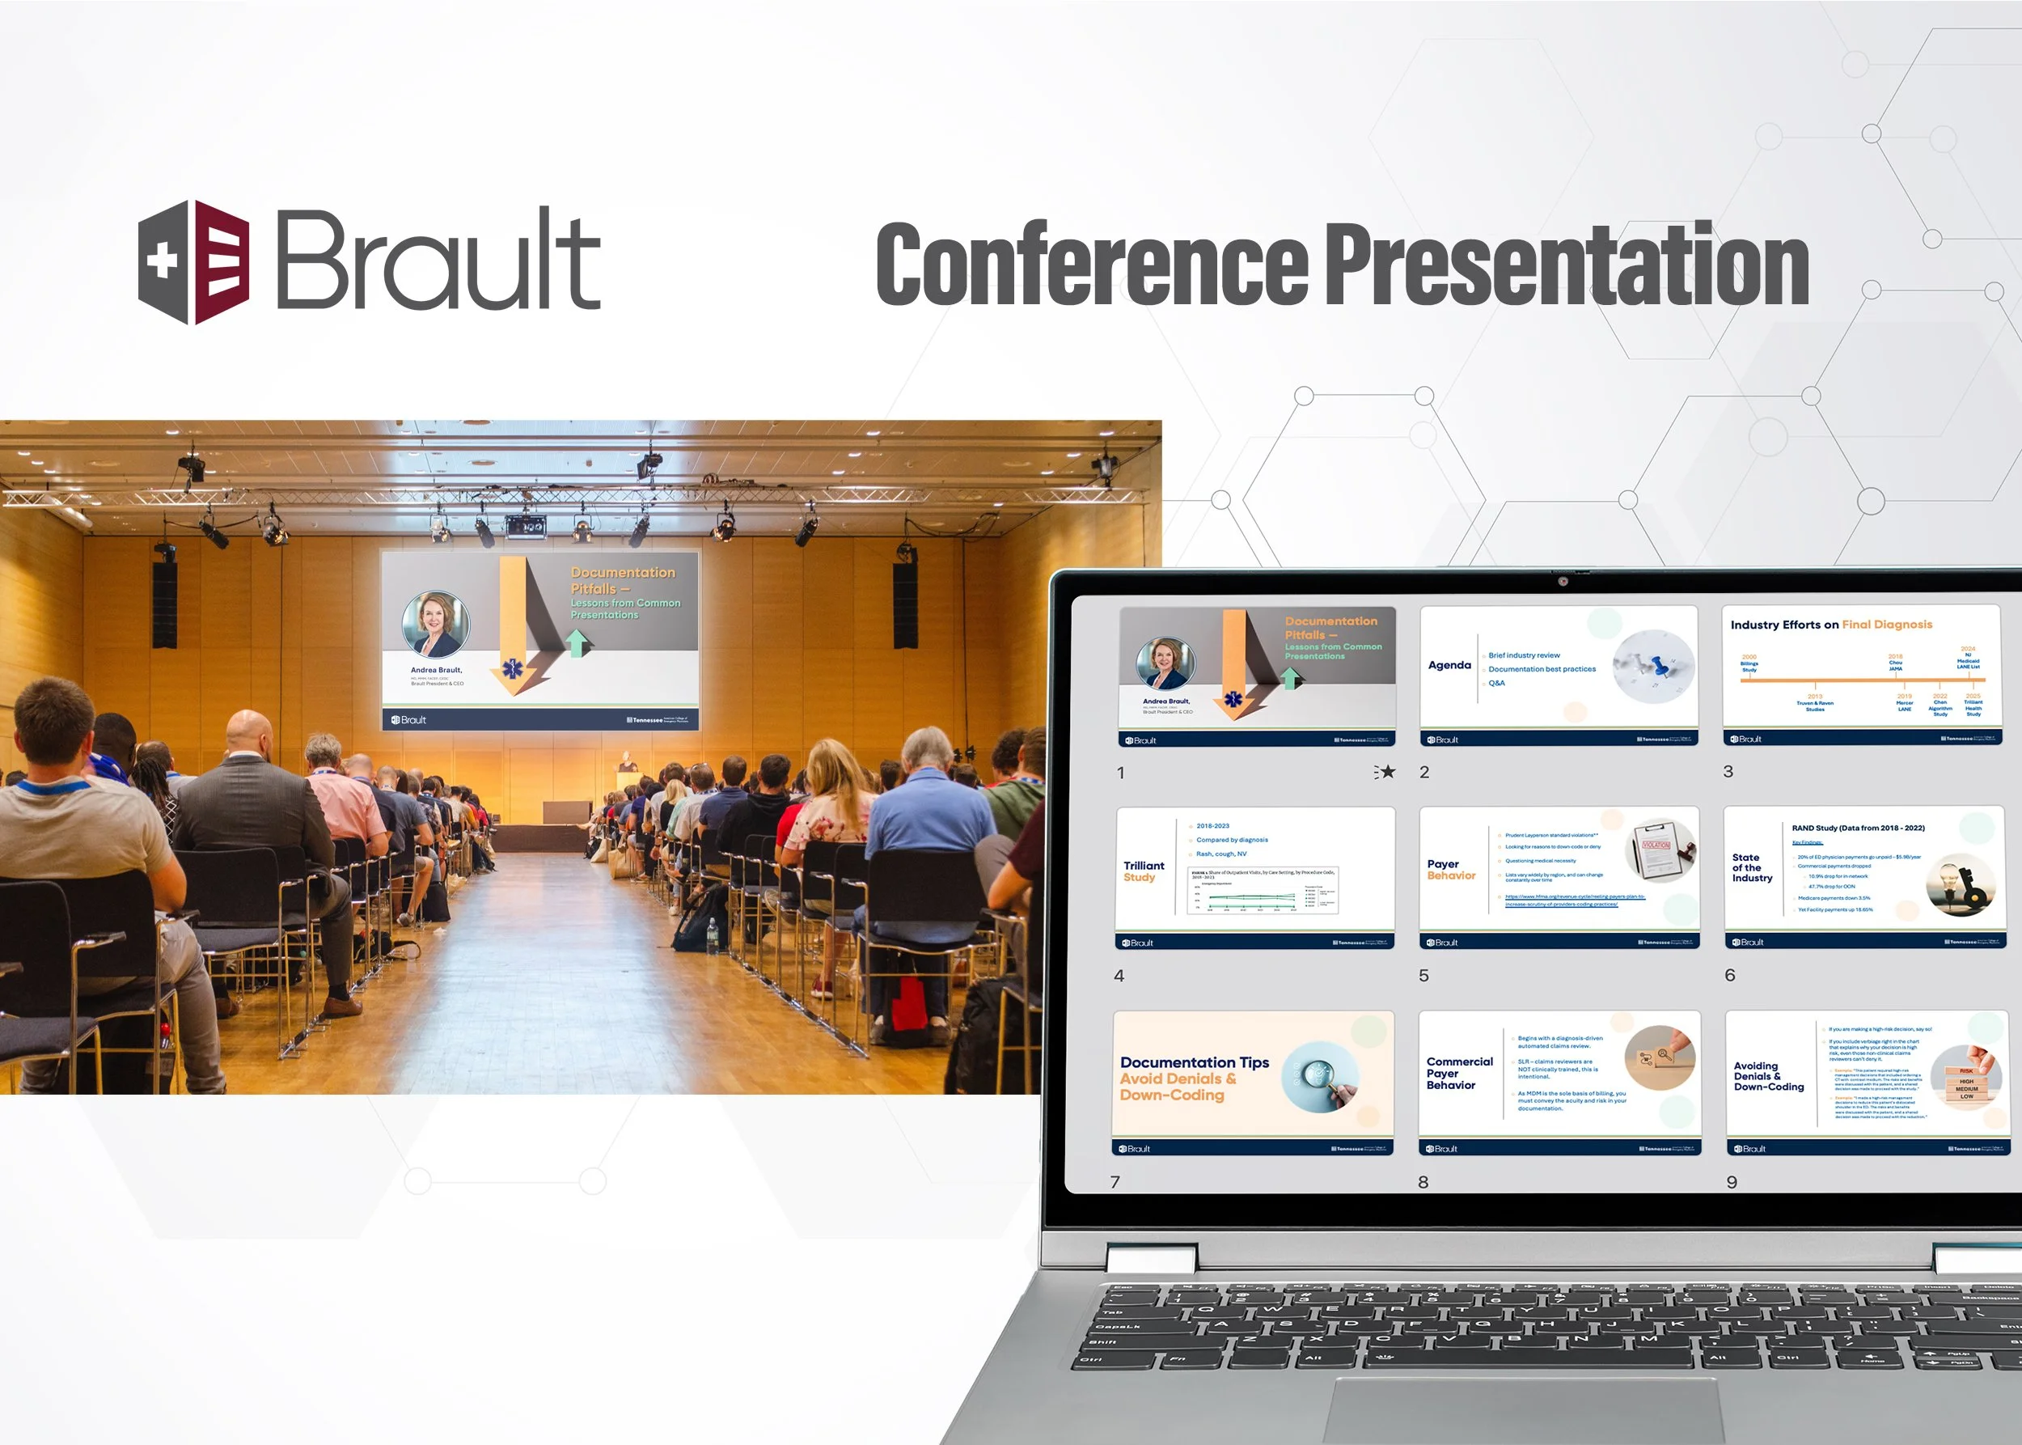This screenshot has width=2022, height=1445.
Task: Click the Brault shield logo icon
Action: point(194,262)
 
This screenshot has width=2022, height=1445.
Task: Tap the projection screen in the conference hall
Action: point(540,640)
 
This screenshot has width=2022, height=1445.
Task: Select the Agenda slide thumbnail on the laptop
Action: point(1559,676)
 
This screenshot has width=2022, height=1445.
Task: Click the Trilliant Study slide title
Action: point(1143,871)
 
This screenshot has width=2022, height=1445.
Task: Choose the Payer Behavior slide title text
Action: point(1451,869)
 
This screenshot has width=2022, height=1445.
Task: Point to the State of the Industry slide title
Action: point(1752,867)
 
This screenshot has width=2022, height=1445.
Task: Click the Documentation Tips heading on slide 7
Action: point(1194,1062)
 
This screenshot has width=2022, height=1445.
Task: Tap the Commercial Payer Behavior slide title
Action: point(1459,1073)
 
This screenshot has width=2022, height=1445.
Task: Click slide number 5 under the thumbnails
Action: point(1423,976)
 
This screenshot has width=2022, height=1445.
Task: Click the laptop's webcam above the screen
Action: point(1562,582)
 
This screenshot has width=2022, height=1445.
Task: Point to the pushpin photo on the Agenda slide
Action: point(1653,667)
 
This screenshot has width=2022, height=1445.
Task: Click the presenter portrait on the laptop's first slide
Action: point(1165,663)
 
